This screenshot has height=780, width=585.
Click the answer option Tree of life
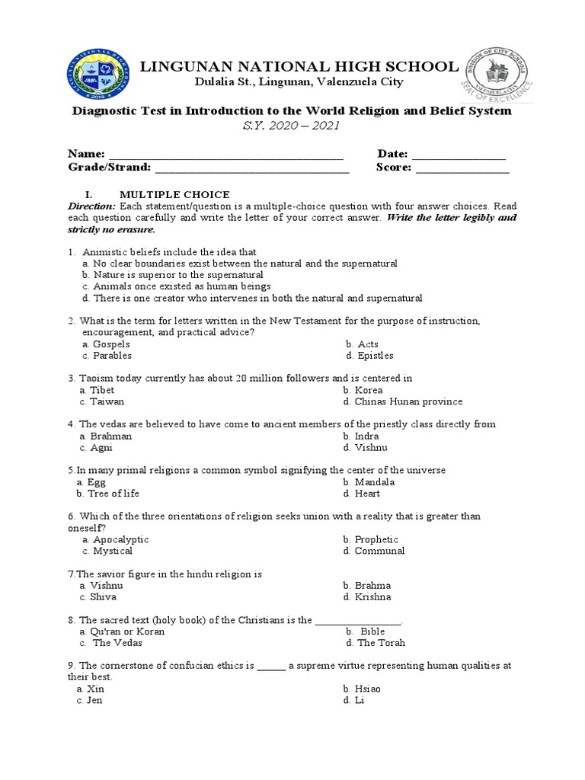pos(113,494)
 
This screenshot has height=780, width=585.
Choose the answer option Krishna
pos(372,597)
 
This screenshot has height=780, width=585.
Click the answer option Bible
pos(372,631)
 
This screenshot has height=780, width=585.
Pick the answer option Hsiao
pos(367,689)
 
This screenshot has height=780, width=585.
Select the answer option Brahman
pos(110,436)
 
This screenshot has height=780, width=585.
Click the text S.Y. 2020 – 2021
pos(292,126)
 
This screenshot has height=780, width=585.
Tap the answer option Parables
pos(112,356)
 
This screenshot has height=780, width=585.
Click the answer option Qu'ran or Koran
pos(127,631)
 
